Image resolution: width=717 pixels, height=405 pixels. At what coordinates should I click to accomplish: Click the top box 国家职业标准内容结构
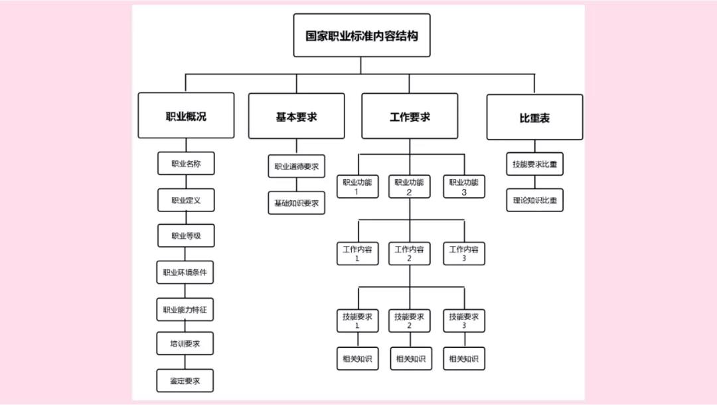tap(362, 35)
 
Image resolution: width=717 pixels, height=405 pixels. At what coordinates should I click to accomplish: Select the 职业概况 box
tap(186, 116)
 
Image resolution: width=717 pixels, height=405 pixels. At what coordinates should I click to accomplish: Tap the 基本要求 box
tap(296, 116)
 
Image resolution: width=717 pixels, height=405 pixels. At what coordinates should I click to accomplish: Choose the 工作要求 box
tap(410, 116)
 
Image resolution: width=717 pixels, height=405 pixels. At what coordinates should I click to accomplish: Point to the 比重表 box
tap(534, 117)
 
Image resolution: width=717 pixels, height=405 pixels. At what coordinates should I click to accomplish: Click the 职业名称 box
tap(186, 164)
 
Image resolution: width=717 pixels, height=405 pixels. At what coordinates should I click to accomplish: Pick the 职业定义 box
tap(186, 200)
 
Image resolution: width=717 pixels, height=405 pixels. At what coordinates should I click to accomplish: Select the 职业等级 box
tap(186, 235)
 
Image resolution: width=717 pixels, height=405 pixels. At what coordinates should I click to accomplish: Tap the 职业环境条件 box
tap(185, 273)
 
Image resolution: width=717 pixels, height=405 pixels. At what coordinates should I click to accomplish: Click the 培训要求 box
tap(185, 344)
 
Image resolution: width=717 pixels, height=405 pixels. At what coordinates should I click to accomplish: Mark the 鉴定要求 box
tap(185, 380)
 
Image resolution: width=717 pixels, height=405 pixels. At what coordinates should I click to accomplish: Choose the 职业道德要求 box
tap(297, 166)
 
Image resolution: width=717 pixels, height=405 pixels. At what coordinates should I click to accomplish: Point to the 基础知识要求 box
tap(297, 203)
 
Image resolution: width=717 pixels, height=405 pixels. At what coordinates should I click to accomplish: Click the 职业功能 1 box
tap(358, 186)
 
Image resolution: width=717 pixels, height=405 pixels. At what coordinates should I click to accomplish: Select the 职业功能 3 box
tap(464, 186)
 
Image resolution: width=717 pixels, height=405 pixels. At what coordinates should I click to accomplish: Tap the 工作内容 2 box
tap(409, 253)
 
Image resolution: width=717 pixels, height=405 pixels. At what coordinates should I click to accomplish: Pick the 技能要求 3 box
tap(464, 321)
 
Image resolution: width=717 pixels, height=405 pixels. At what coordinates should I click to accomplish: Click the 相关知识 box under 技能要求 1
tap(358, 358)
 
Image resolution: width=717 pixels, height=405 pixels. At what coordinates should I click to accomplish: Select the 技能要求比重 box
tap(535, 164)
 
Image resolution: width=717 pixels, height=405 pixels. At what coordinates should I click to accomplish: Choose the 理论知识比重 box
tap(535, 200)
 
